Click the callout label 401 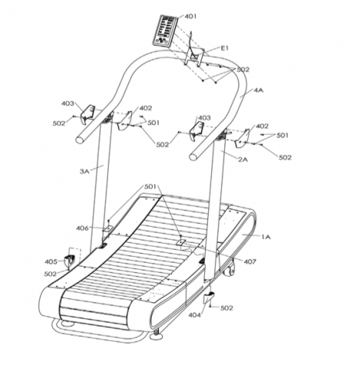click(190, 16)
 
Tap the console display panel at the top click(165, 31)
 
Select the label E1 click(224, 48)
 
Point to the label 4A click(258, 90)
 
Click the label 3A click(85, 171)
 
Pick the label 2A click(243, 160)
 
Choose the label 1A click(266, 237)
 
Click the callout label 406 click(82, 228)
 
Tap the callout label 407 click(250, 261)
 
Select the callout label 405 click(51, 261)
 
